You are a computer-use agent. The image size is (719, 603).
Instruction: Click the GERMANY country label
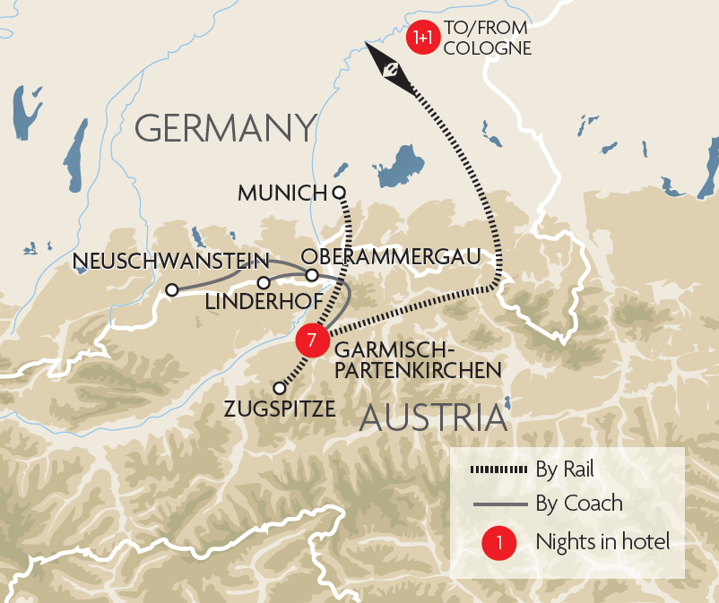(x=226, y=128)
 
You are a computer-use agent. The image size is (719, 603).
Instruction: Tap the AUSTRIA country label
(x=434, y=419)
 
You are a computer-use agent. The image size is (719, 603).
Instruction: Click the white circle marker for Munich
(x=339, y=192)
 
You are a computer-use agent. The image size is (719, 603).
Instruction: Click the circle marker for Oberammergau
(x=311, y=275)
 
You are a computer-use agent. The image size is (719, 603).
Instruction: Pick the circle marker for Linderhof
(x=264, y=283)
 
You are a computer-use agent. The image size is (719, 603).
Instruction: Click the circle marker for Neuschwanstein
(x=171, y=289)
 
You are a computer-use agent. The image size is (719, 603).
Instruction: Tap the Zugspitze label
(x=282, y=409)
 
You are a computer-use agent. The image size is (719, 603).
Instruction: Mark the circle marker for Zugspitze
(x=280, y=389)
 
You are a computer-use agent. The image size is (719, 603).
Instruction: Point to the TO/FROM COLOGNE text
(x=487, y=39)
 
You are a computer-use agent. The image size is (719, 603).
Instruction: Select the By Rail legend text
(x=565, y=469)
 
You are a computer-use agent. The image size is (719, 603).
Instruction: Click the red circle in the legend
(x=498, y=542)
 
